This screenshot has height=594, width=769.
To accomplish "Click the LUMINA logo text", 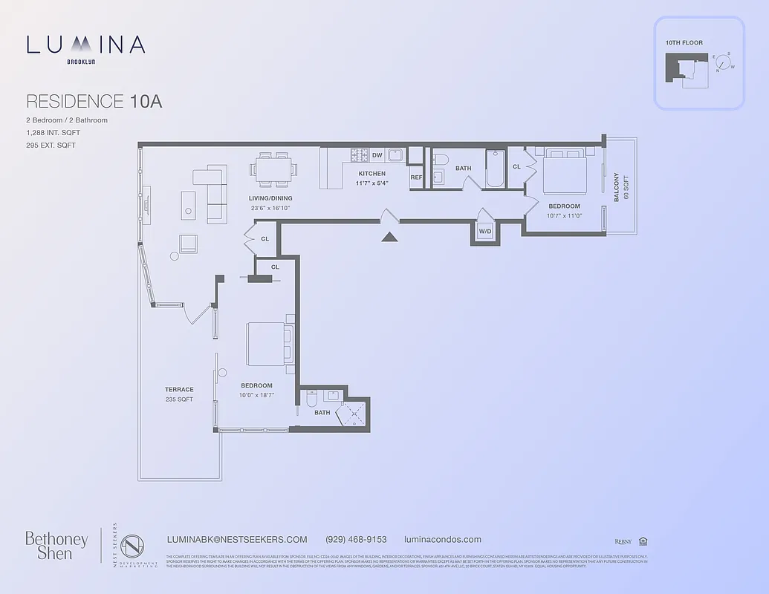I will click(x=85, y=45).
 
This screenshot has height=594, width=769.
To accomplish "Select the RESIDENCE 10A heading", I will click(x=94, y=102).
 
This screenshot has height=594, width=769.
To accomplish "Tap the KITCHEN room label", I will click(x=371, y=174).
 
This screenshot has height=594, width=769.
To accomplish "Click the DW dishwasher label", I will click(x=377, y=155).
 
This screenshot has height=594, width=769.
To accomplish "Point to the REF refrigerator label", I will click(x=416, y=177).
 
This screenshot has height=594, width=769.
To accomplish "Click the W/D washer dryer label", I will click(x=484, y=232).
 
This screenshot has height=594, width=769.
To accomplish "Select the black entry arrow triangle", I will click(x=389, y=236).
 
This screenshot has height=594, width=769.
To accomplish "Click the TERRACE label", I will click(x=179, y=389).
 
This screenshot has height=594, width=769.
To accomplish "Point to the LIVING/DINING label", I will click(x=270, y=198).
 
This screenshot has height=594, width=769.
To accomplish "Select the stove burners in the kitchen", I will click(x=360, y=155).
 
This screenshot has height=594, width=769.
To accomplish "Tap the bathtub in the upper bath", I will click(x=496, y=169).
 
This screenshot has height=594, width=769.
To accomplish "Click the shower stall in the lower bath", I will click(x=352, y=414).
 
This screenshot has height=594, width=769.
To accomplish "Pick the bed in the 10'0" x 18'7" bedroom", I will click(x=267, y=344).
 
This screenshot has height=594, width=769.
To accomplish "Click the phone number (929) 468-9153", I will click(x=356, y=540).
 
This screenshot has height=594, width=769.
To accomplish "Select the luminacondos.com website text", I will click(x=442, y=540).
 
